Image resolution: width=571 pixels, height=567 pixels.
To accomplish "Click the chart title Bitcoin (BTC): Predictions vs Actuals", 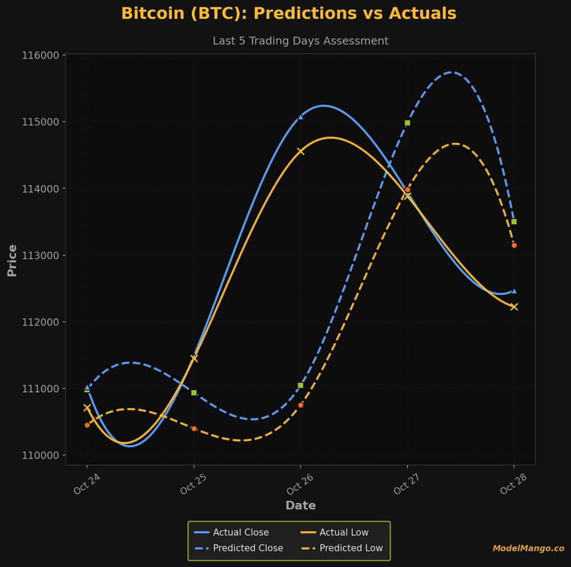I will pos(288,14).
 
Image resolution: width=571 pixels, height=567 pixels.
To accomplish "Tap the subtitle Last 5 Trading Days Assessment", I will pos(300,41).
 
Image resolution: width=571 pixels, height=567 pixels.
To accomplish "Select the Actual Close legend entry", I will pos(240,533).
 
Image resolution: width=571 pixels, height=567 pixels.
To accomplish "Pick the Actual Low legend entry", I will pos(344,533).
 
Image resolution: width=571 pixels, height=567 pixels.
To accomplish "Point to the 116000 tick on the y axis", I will pos(41,55).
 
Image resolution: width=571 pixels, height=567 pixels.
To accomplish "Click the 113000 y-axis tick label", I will pos(41,255).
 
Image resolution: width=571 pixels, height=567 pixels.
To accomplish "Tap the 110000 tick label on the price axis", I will pos(41,456).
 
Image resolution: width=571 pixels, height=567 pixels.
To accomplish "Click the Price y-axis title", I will pos(12,261).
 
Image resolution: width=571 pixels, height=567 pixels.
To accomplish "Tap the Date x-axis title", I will pos(300,506).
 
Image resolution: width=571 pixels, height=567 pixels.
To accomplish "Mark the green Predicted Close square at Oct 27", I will pos(407,123).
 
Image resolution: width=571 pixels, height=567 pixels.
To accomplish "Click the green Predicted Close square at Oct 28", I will pos(514,222).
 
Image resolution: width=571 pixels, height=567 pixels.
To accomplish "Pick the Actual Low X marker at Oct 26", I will pos(300,151).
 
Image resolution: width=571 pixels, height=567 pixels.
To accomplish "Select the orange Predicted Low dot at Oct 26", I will pos(300,405).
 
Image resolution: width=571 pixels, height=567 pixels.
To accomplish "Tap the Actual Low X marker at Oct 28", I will pos(514,307).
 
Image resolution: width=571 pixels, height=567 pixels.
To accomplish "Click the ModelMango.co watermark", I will pos(528,549).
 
